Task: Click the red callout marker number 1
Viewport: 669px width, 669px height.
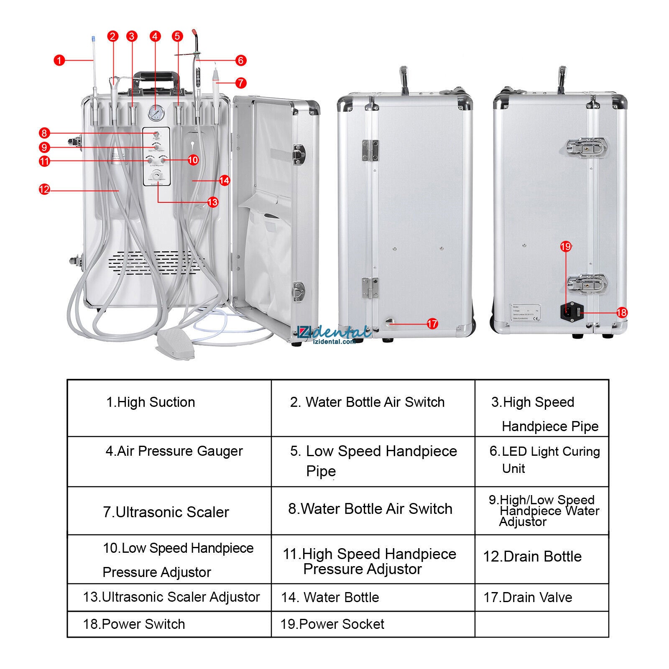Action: (59, 60)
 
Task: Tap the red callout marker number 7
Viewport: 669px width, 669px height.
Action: (241, 83)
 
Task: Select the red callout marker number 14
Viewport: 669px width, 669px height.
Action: (225, 180)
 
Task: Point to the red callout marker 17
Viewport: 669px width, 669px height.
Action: (432, 323)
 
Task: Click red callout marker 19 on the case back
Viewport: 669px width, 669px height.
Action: (566, 246)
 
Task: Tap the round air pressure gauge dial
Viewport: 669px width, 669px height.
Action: (155, 113)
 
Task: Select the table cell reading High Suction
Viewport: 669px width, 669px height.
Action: (169, 408)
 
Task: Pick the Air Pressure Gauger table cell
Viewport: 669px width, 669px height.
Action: (169, 461)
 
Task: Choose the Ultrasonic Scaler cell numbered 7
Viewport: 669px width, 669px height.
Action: (169, 511)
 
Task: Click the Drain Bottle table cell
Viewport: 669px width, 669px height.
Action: (541, 559)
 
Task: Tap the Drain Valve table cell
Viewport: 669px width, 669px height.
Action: (541, 597)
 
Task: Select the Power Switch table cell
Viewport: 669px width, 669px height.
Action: (169, 624)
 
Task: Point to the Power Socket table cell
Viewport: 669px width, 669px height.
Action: (373, 624)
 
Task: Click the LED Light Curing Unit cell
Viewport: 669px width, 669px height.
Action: (541, 461)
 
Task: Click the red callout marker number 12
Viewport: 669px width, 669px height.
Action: (44, 189)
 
